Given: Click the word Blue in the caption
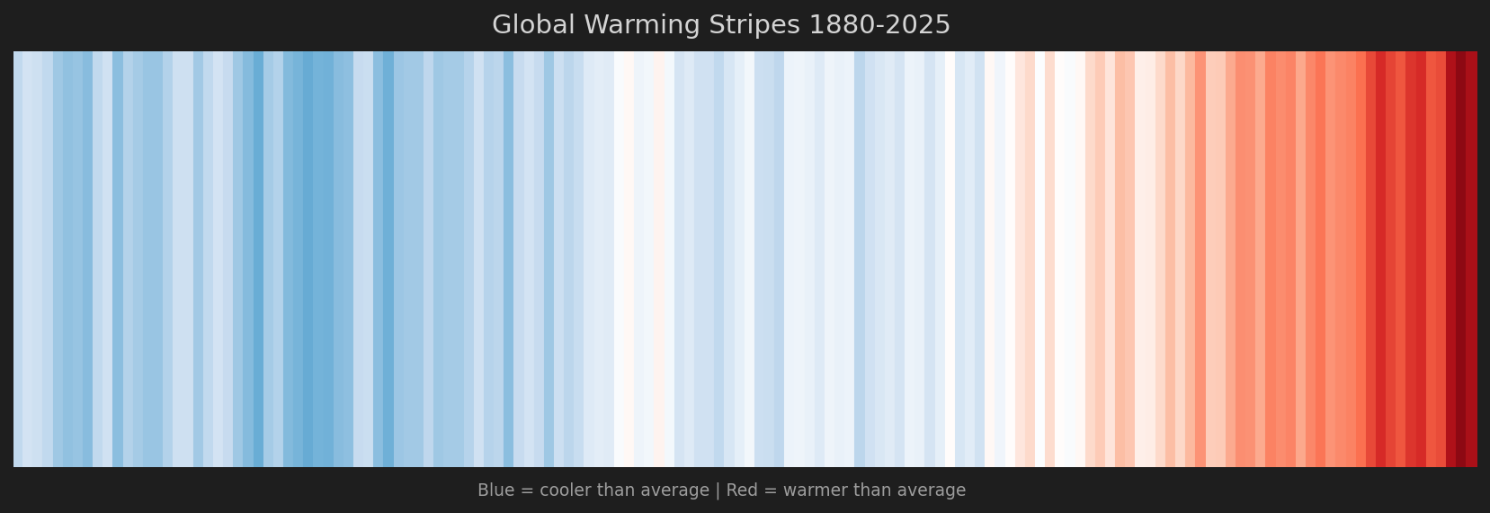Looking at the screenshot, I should pyautogui.click(x=494, y=490).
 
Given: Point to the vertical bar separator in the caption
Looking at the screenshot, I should pyautogui.click(x=717, y=490).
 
